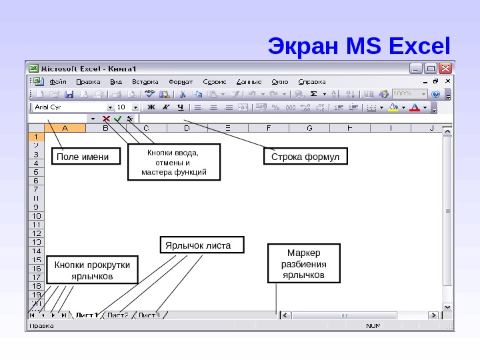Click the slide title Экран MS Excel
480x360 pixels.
click(359, 47)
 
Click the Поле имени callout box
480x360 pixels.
click(80, 157)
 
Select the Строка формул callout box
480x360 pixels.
click(305, 157)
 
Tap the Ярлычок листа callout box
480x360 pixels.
click(202, 245)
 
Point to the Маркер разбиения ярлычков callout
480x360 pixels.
click(303, 264)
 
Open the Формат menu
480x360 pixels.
click(180, 81)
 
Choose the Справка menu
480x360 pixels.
click(311, 81)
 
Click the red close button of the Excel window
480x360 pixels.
click(445, 68)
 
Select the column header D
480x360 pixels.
click(187, 127)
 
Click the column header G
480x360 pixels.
click(310, 127)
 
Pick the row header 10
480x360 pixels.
click(36, 216)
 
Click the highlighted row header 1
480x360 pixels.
click(36, 136)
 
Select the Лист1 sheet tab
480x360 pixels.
click(87, 315)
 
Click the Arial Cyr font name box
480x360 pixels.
click(70, 107)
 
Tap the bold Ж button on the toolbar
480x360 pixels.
click(151, 107)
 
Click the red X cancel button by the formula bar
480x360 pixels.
click(106, 118)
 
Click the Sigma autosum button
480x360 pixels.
click(313, 94)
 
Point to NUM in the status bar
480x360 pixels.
click(373, 326)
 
